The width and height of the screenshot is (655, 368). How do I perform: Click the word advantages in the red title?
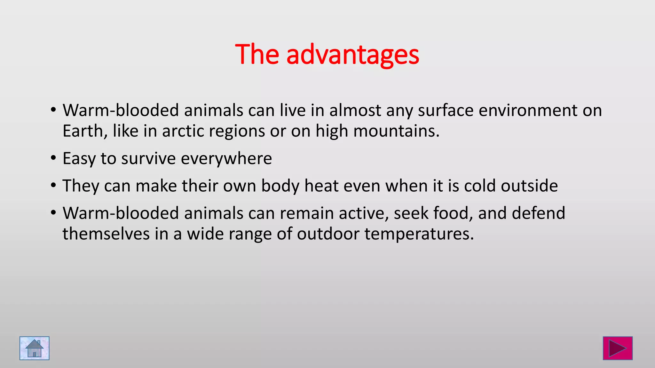point(352,55)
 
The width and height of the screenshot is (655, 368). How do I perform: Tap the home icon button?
point(35,348)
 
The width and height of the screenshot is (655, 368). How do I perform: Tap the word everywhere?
point(226,159)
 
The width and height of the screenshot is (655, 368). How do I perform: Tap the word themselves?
point(106,234)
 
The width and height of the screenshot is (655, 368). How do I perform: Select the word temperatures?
point(419,234)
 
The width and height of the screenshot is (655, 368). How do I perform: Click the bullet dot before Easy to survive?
point(53,158)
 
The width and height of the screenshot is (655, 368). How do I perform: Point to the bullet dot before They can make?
point(53,185)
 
